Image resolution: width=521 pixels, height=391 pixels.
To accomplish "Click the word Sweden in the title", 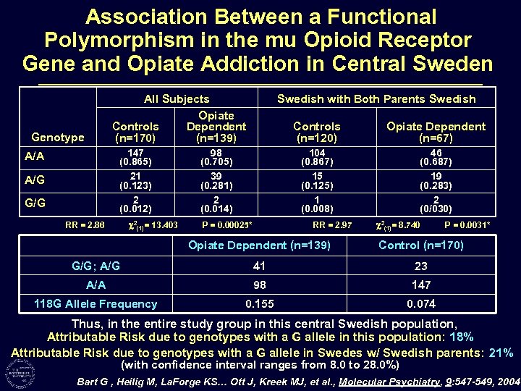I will pyautogui.click(x=448, y=63).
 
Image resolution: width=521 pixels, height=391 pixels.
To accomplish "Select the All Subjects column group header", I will pyautogui.click(x=177, y=98).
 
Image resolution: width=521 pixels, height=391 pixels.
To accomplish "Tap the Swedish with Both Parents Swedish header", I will pyautogui.click(x=376, y=98).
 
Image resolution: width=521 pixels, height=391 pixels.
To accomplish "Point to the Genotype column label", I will pyautogui.click(x=58, y=137).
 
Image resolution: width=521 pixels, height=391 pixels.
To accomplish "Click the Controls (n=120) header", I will pyautogui.click(x=316, y=131).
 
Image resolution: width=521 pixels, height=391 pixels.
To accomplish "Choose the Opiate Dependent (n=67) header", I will pyautogui.click(x=436, y=131).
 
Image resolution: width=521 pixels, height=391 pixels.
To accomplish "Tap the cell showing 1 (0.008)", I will pyautogui.click(x=316, y=205).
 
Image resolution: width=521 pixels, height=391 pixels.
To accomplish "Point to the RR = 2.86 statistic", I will pyautogui.click(x=85, y=225).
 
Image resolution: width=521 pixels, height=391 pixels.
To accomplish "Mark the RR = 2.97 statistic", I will pyautogui.click(x=331, y=225).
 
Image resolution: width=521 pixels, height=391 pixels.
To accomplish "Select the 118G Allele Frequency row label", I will pyautogui.click(x=96, y=304).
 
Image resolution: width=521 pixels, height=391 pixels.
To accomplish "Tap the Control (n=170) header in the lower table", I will pyautogui.click(x=421, y=245).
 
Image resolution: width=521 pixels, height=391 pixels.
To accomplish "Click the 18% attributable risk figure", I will pyautogui.click(x=461, y=337).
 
